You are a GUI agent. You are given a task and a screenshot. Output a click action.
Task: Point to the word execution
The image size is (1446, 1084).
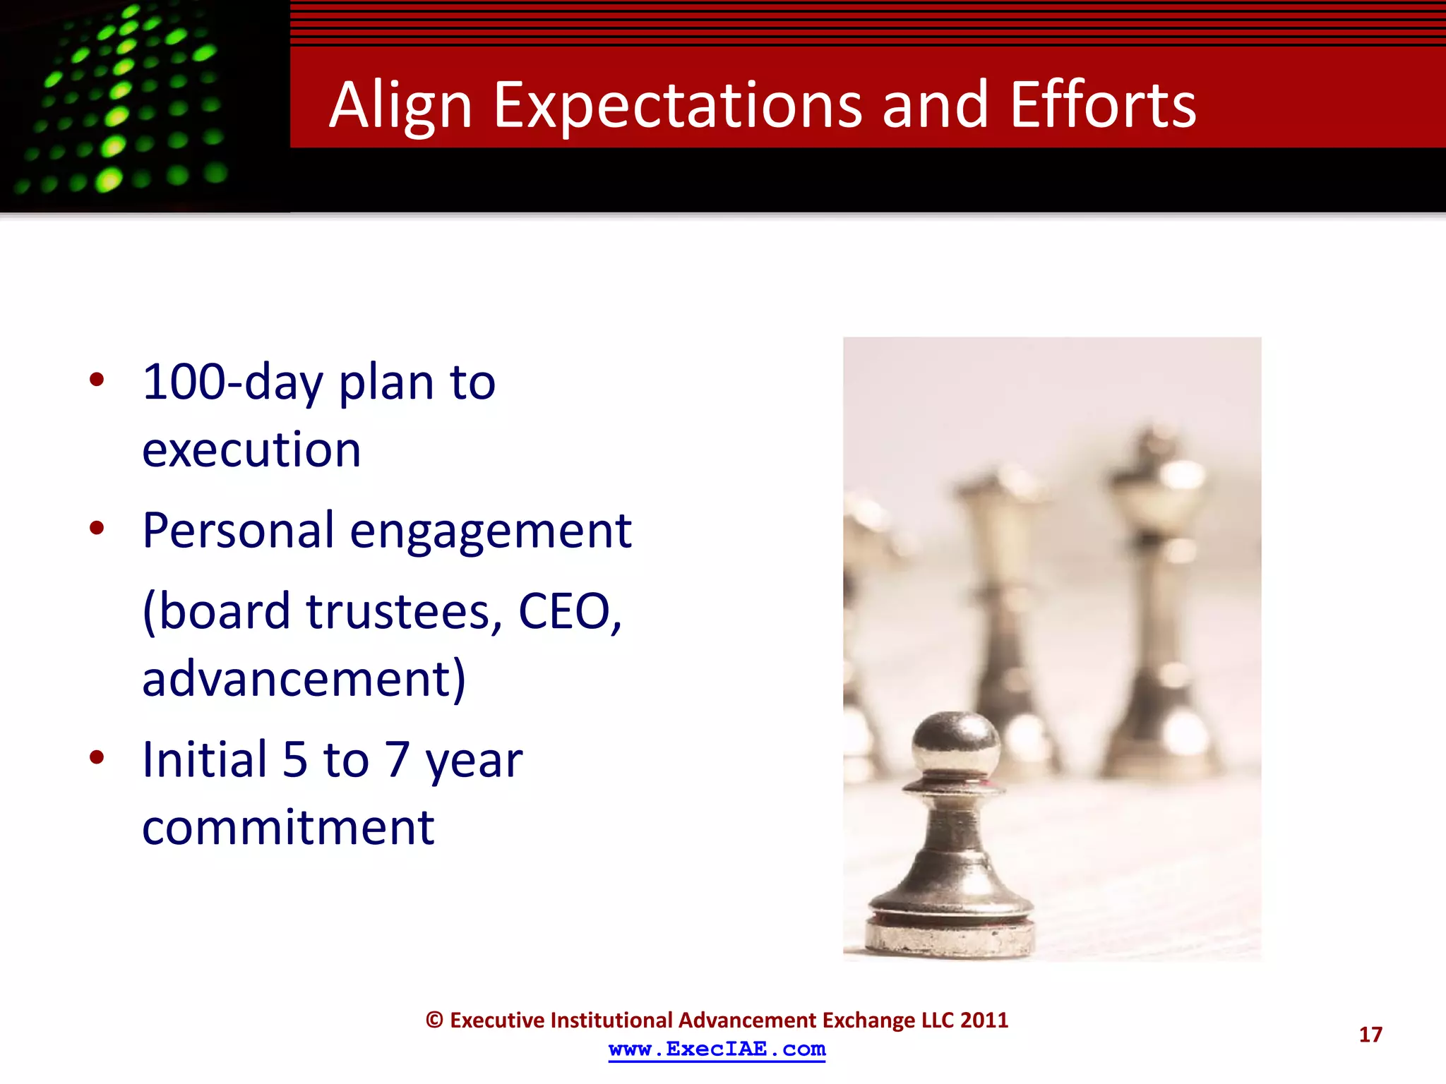pyautogui.click(x=251, y=450)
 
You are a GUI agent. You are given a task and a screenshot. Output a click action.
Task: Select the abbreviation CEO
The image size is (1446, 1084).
pyautogui.click(x=569, y=611)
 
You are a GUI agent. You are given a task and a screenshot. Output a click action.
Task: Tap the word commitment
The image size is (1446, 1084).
pyautogui.click(x=288, y=827)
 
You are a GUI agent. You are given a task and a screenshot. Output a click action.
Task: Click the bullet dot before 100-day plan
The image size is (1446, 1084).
pyautogui.click(x=97, y=380)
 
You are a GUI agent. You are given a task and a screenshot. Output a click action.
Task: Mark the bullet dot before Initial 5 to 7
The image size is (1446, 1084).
pyautogui.click(x=97, y=758)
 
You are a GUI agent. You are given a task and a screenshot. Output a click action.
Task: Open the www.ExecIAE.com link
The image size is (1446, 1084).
pyautogui.click(x=717, y=1049)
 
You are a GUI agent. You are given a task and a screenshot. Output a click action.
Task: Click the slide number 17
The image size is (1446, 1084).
pyautogui.click(x=1370, y=1035)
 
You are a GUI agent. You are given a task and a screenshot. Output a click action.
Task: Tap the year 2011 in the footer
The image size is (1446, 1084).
pyautogui.click(x=984, y=1020)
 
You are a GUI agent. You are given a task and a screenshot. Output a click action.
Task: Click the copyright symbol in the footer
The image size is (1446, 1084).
pyautogui.click(x=434, y=1020)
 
